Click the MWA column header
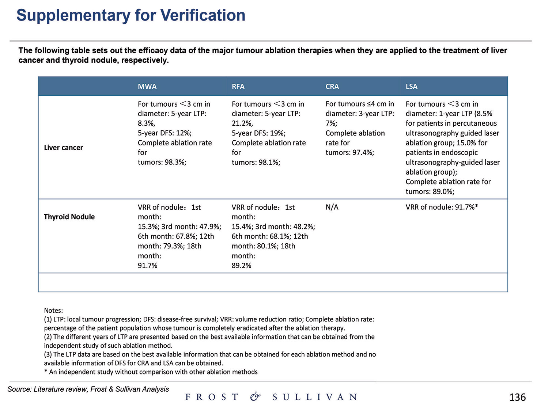(x=147, y=87)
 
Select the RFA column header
(x=238, y=87)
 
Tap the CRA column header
(x=332, y=87)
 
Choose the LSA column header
(x=411, y=87)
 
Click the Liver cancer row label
(x=63, y=148)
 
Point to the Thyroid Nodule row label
(x=69, y=217)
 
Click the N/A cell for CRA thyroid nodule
(x=332, y=207)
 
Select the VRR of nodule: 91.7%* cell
(x=442, y=207)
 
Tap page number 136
(x=517, y=397)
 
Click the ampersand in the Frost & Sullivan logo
(x=255, y=397)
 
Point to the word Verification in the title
(x=203, y=15)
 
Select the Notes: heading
(x=53, y=311)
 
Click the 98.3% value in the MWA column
(x=175, y=162)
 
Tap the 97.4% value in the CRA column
(x=363, y=153)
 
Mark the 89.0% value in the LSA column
(x=443, y=191)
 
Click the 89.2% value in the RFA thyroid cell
(x=241, y=266)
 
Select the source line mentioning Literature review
(x=88, y=389)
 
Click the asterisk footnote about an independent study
(x=151, y=372)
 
